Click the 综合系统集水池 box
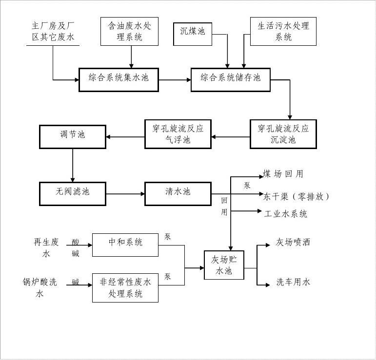point(119,78)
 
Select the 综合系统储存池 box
point(230,78)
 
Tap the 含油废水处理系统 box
point(129,32)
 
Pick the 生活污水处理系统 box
point(283,32)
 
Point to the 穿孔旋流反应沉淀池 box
point(283,134)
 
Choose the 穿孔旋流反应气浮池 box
point(178,134)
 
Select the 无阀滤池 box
point(73,193)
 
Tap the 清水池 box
point(178,193)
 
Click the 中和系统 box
point(125,244)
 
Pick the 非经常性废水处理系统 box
point(125,287)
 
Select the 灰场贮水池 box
point(224,265)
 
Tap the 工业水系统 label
point(286,214)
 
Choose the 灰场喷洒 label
point(293,242)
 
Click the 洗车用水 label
point(293,282)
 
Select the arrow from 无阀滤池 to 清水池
point(125,194)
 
